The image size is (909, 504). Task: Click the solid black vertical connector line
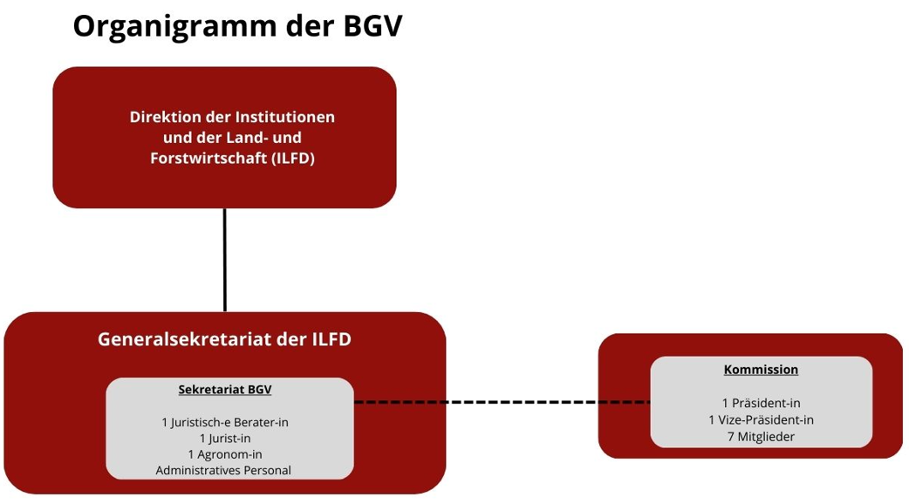[225, 260]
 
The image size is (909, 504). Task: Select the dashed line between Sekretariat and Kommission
[502, 402]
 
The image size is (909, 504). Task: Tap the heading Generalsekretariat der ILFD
[224, 339]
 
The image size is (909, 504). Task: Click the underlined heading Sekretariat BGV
[225, 389]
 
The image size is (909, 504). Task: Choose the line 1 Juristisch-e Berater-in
[225, 422]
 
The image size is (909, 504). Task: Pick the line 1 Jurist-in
[225, 438]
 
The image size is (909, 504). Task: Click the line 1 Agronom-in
[225, 454]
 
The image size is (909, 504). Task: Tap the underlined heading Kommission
[761, 370]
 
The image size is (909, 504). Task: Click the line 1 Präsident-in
[761, 403]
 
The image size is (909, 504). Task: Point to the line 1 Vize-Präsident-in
[761, 419]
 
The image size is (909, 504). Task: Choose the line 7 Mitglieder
[761, 436]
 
